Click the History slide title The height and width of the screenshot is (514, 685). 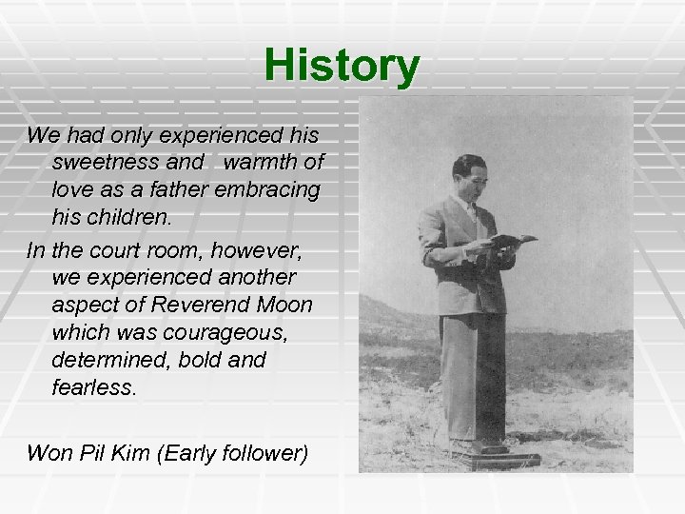coord(342,65)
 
